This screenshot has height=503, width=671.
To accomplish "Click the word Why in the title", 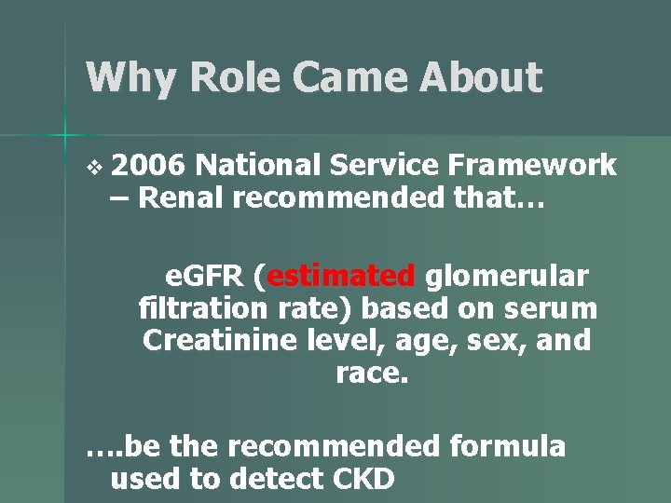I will pos(128,77).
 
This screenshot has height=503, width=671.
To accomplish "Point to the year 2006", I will pos(149,166).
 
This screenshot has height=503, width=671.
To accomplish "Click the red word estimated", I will pos(342,277).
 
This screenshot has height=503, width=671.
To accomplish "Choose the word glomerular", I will pos(507,277).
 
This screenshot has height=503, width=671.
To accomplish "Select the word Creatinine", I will pos(220,340).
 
